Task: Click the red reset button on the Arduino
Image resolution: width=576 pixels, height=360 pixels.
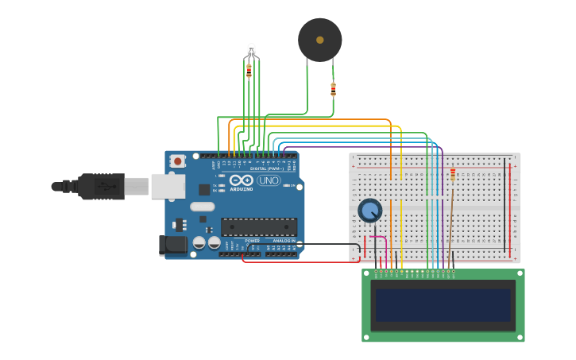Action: click(x=177, y=161)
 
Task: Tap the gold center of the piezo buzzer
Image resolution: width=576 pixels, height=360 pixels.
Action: click(x=320, y=40)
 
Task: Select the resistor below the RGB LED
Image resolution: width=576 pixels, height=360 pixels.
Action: click(x=249, y=71)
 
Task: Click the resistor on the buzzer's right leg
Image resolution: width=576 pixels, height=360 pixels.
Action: click(x=333, y=88)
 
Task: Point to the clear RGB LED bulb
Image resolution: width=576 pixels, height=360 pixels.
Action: click(x=251, y=50)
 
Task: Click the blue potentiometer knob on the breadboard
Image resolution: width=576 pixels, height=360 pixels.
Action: click(x=369, y=211)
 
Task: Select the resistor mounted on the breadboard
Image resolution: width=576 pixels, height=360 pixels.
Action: click(x=453, y=175)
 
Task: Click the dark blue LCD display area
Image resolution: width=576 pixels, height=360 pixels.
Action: click(x=443, y=304)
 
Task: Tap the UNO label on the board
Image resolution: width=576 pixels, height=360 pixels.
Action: click(x=269, y=180)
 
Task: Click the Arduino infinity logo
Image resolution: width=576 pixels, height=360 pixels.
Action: click(x=242, y=180)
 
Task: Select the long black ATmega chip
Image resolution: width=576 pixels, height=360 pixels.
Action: click(x=259, y=226)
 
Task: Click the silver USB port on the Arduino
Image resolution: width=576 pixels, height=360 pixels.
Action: click(x=168, y=186)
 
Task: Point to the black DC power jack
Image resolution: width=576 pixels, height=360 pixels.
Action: click(x=172, y=246)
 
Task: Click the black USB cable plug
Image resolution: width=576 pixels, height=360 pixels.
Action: click(x=99, y=186)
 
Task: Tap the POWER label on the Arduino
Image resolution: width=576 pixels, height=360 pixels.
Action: click(x=252, y=240)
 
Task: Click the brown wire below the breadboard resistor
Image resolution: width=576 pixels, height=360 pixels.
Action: click(x=450, y=223)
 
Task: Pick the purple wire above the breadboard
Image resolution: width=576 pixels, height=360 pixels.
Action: click(x=358, y=146)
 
